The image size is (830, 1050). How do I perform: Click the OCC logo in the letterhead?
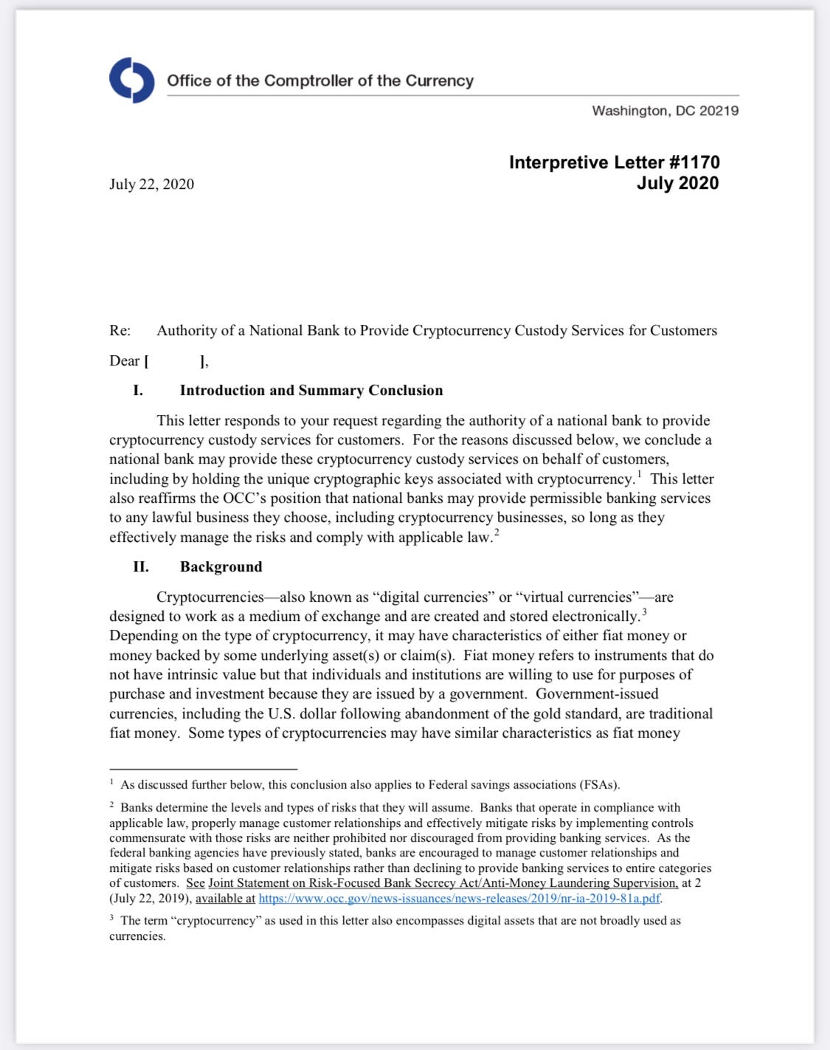(x=132, y=80)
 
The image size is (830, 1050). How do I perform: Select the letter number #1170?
(x=694, y=162)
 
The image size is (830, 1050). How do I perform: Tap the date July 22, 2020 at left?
(x=151, y=184)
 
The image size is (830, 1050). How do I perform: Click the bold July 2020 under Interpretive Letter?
(x=677, y=183)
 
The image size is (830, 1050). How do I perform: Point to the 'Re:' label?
(x=120, y=331)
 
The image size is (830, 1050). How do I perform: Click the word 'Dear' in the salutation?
(x=125, y=361)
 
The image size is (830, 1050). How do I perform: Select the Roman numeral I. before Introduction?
(x=138, y=391)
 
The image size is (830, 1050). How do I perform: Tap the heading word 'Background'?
(x=221, y=567)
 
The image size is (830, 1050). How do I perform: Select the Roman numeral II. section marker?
(x=140, y=567)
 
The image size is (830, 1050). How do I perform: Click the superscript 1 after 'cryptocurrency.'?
(x=639, y=474)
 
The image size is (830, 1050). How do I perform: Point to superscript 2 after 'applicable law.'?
(x=497, y=532)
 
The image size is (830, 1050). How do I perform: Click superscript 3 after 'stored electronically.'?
(x=644, y=611)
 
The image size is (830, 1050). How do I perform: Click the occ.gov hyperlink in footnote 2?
(x=459, y=899)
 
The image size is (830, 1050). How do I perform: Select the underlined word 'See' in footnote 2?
(x=196, y=883)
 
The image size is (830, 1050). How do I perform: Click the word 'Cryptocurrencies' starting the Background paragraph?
(x=210, y=597)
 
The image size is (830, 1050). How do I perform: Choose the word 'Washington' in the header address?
(x=628, y=111)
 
